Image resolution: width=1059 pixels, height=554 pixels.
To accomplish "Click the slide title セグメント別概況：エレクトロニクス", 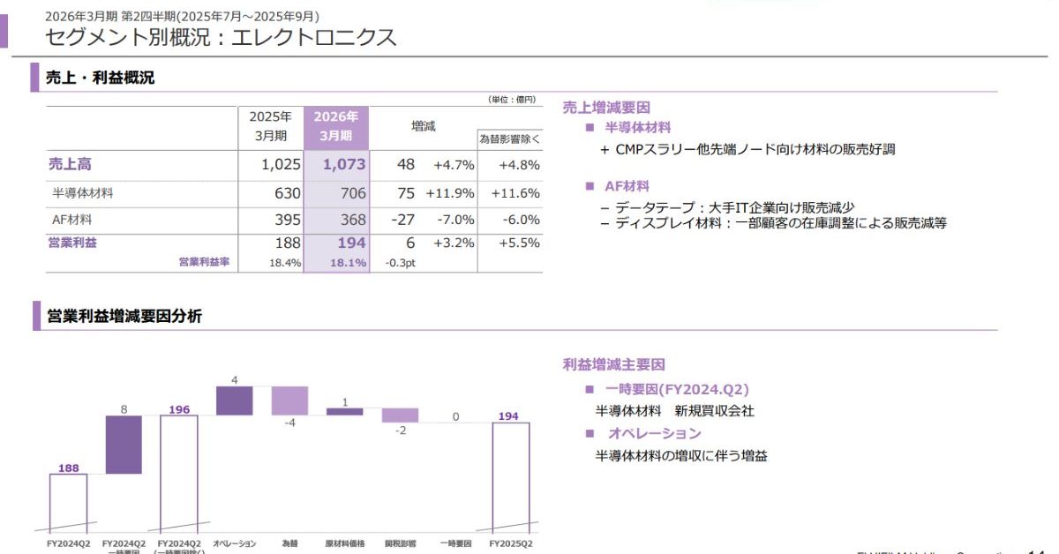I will pyautogui.click(x=221, y=37).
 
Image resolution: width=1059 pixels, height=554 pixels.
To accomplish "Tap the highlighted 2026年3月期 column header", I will pyautogui.click(x=335, y=126).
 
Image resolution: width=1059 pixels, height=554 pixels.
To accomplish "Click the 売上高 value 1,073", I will pyautogui.click(x=344, y=164).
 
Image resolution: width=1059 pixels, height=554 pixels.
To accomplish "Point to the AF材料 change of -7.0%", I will pyautogui.click(x=454, y=219).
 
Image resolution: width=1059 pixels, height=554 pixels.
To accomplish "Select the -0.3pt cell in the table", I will pyautogui.click(x=400, y=263).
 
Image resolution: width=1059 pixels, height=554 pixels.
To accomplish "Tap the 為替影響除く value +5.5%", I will pyautogui.click(x=519, y=243).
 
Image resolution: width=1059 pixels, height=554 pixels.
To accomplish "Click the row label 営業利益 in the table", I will pyautogui.click(x=72, y=243).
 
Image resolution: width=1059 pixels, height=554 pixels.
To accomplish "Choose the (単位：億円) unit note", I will pyautogui.click(x=512, y=100).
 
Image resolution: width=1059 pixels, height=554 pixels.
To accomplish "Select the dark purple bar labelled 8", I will pyautogui.click(x=124, y=445).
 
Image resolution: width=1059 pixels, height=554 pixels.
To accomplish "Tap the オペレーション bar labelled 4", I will pyautogui.click(x=234, y=401).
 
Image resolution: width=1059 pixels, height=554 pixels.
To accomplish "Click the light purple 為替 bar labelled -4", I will pyautogui.click(x=289, y=401).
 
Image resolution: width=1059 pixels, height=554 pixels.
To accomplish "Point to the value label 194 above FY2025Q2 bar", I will pyautogui.click(x=508, y=415).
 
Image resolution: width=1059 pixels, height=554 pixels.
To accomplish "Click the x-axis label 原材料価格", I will pyautogui.click(x=345, y=543).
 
